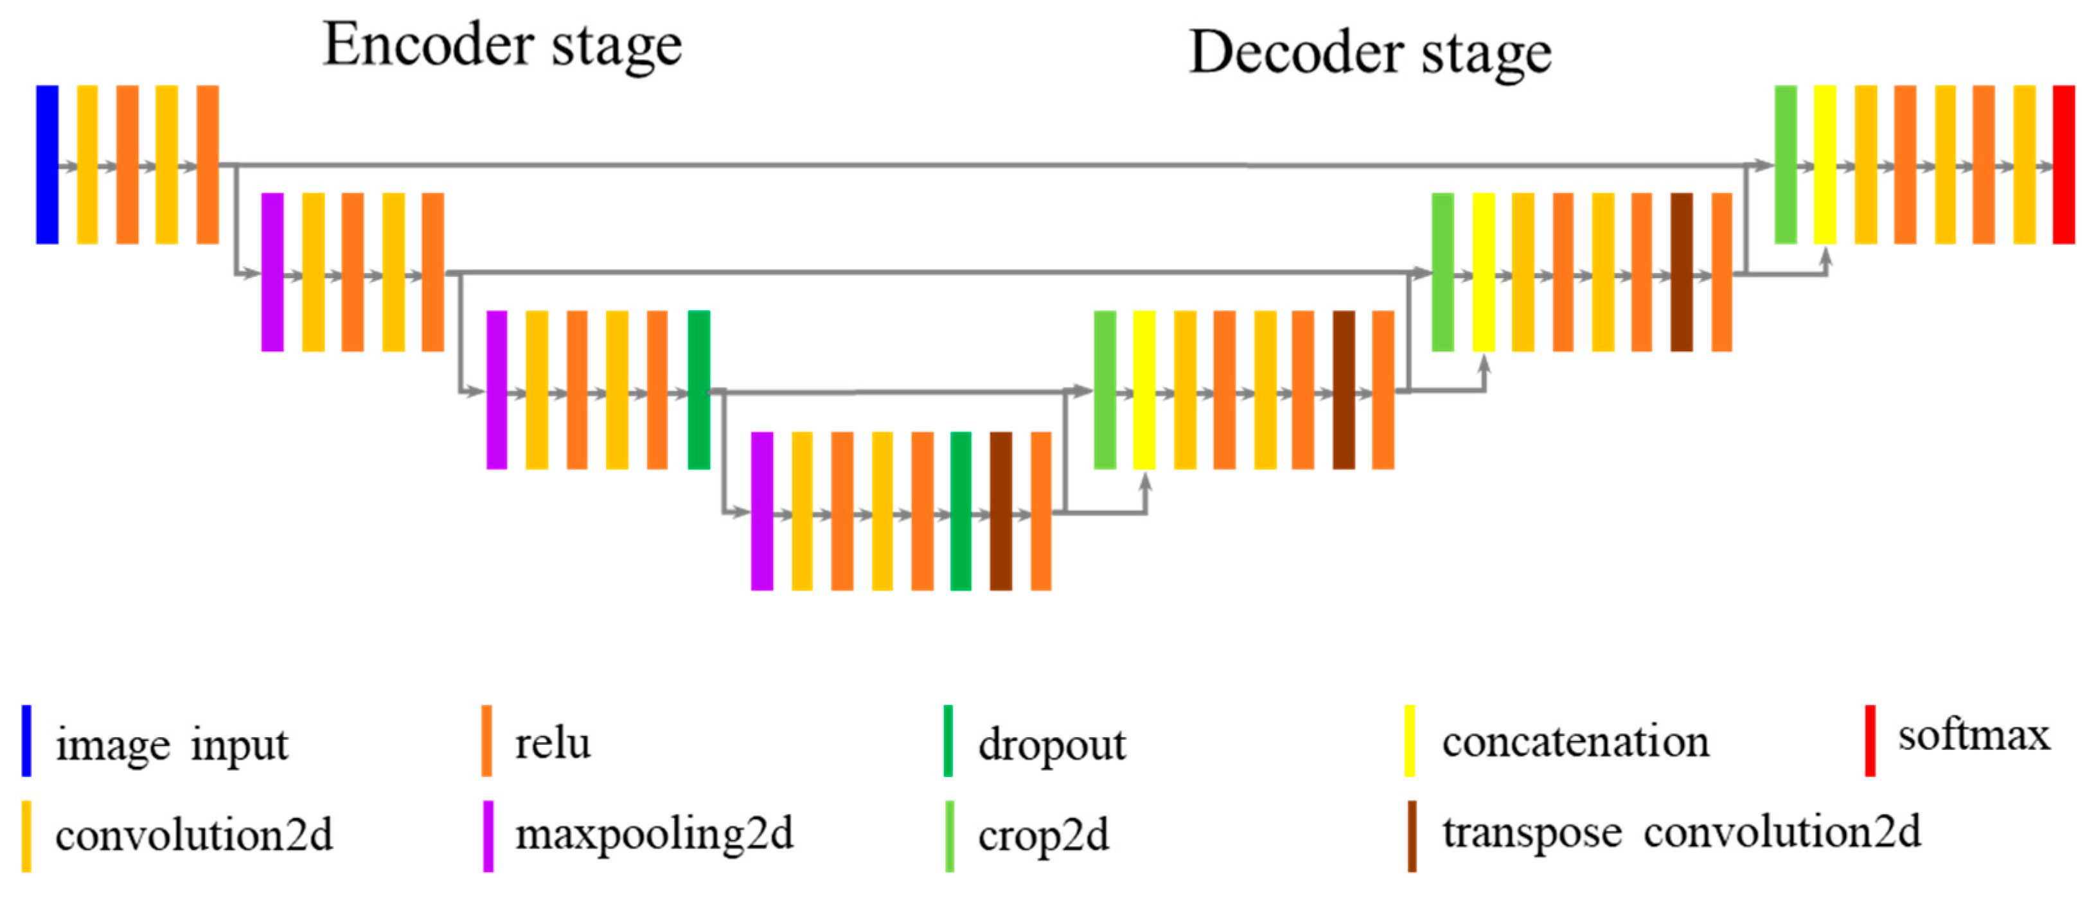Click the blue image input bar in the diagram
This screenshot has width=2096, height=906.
[x=47, y=164]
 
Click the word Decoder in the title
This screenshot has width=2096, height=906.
[x=1299, y=53]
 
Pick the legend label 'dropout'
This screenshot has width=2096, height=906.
[x=1051, y=745]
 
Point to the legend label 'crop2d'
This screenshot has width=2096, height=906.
[x=1043, y=836]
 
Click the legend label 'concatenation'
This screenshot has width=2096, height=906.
[x=1576, y=742]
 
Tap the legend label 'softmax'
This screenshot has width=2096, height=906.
[x=1974, y=736]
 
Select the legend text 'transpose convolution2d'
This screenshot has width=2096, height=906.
[x=1681, y=833]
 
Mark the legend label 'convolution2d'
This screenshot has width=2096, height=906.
[x=193, y=836]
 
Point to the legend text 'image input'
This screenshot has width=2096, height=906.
[x=172, y=745]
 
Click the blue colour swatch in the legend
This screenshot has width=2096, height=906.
[x=27, y=741]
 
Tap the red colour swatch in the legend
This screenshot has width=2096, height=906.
[x=1870, y=741]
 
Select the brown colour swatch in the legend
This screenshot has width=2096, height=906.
[x=1412, y=836]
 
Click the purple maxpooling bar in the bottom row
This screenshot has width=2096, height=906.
[x=761, y=510]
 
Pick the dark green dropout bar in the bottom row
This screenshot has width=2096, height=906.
[x=961, y=510]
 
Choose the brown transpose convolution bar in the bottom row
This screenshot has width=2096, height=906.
[x=1001, y=510]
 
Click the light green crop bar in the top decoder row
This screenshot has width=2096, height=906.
[x=1785, y=164]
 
